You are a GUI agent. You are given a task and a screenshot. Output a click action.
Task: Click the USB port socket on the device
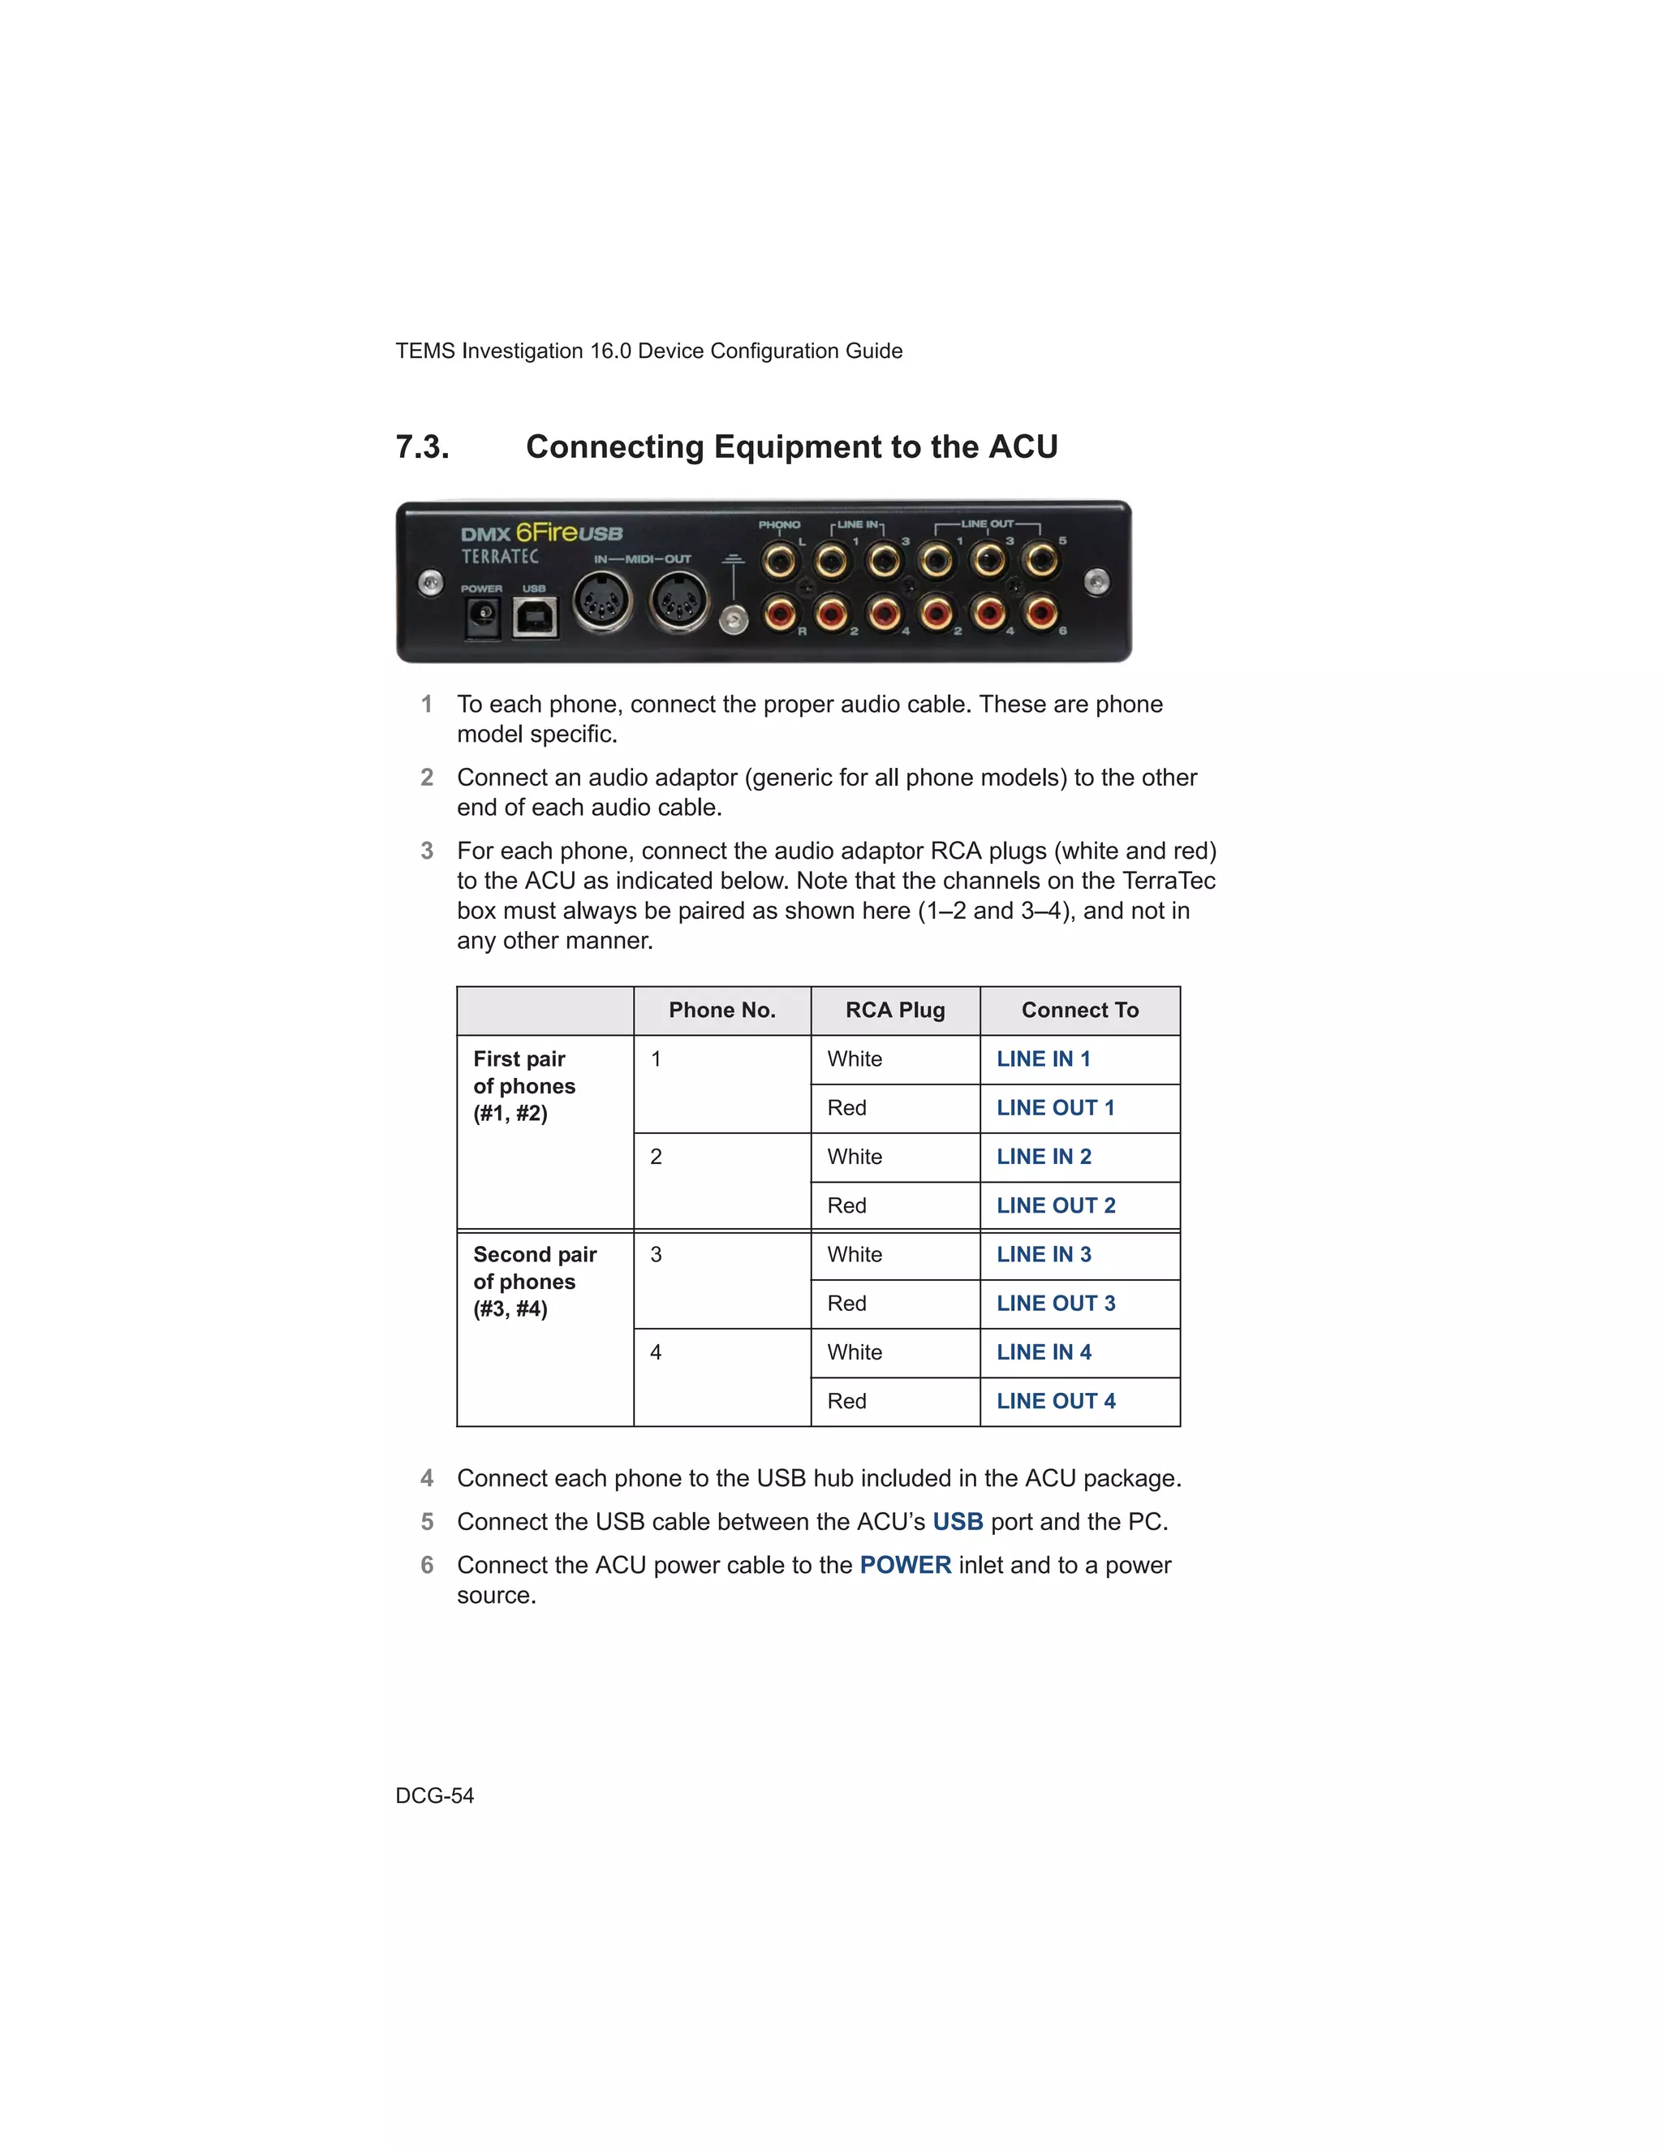pos(535,619)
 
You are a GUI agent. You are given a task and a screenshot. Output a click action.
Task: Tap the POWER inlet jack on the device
pos(483,617)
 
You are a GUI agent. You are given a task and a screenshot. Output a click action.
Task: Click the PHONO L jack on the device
pos(780,563)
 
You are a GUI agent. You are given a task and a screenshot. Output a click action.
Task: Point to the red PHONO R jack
pos(780,614)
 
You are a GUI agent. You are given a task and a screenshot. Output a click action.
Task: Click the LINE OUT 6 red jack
pos(1040,614)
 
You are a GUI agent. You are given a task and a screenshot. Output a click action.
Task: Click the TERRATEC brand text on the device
pos(500,557)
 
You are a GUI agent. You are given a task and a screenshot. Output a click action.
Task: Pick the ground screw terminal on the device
pos(734,619)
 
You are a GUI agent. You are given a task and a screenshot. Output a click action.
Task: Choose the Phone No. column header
pos(721,1011)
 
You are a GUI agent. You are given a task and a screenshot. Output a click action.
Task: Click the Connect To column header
pos(1080,1011)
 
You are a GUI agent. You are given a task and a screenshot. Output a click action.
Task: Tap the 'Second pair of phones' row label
pos(535,1282)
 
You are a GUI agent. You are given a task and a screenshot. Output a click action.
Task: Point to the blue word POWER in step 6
pos(905,1565)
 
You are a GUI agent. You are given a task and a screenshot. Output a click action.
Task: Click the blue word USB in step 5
pos(957,1522)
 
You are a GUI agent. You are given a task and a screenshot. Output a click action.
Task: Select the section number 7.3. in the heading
pos(422,447)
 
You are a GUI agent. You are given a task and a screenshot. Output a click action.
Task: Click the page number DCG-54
pos(434,1795)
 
